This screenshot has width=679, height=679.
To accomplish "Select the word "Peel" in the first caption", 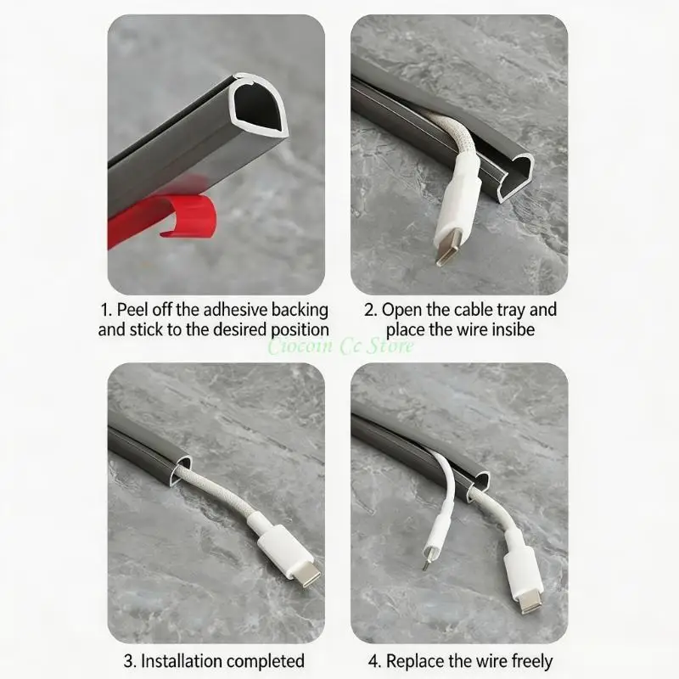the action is [132, 310].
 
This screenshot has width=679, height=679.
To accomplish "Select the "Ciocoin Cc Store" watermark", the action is [340, 346].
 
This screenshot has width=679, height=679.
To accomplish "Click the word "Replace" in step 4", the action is [415, 662].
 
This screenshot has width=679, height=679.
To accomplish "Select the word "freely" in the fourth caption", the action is [532, 662].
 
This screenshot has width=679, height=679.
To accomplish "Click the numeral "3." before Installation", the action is [131, 662].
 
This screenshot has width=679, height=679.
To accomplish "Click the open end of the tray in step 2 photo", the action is [515, 177].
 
